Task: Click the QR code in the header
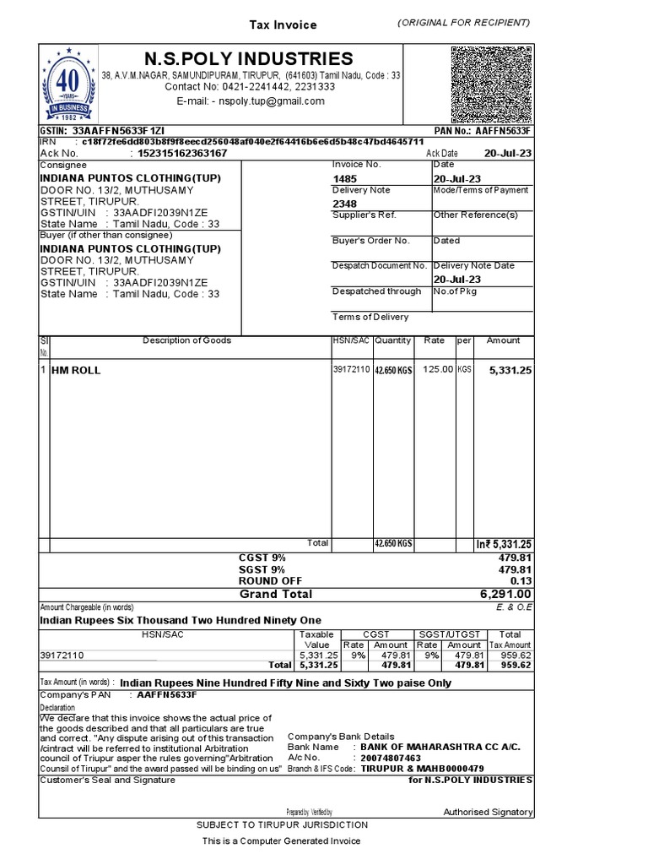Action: [x=492, y=84]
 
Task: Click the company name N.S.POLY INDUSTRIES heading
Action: [x=249, y=58]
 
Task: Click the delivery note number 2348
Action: [x=344, y=204]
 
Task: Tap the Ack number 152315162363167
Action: [x=178, y=154]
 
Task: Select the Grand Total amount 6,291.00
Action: [x=506, y=595]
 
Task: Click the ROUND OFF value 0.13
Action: [x=521, y=581]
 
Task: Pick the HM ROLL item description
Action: [x=77, y=370]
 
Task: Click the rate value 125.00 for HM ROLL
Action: [x=438, y=369]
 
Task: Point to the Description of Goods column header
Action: [x=186, y=340]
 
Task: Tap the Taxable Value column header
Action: [x=316, y=639]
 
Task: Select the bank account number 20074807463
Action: [x=391, y=759]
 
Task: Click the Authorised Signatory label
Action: [x=488, y=812]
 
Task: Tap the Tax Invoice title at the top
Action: [x=283, y=25]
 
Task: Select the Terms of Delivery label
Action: [x=370, y=317]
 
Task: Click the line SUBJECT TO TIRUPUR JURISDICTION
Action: [x=282, y=824]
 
